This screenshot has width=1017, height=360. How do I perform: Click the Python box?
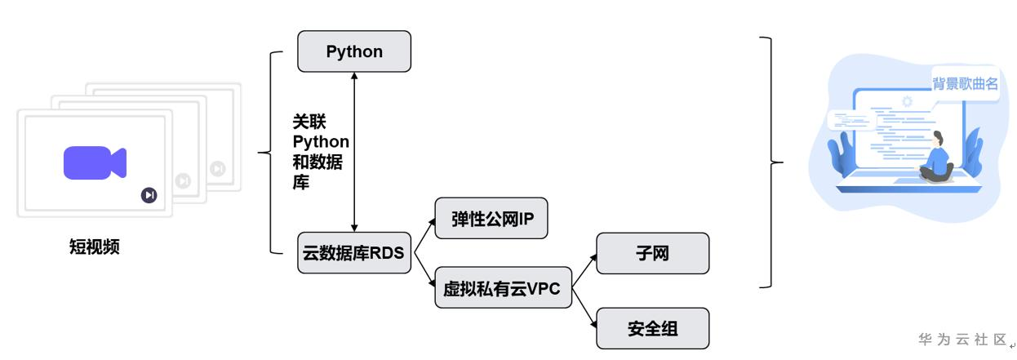(354, 51)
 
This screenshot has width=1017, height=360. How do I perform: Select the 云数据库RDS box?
(354, 252)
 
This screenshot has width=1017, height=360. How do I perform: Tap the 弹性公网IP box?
(491, 219)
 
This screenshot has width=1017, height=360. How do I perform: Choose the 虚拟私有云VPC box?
(503, 287)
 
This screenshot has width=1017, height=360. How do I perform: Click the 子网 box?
(653, 253)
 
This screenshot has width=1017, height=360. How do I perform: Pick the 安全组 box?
(653, 329)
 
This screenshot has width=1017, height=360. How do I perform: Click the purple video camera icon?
(95, 162)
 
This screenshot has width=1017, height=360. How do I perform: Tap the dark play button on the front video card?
(149, 194)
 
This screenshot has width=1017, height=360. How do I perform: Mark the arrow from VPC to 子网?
(584, 270)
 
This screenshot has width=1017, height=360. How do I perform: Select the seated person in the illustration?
(938, 159)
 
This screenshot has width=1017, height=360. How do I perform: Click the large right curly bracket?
(767, 162)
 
